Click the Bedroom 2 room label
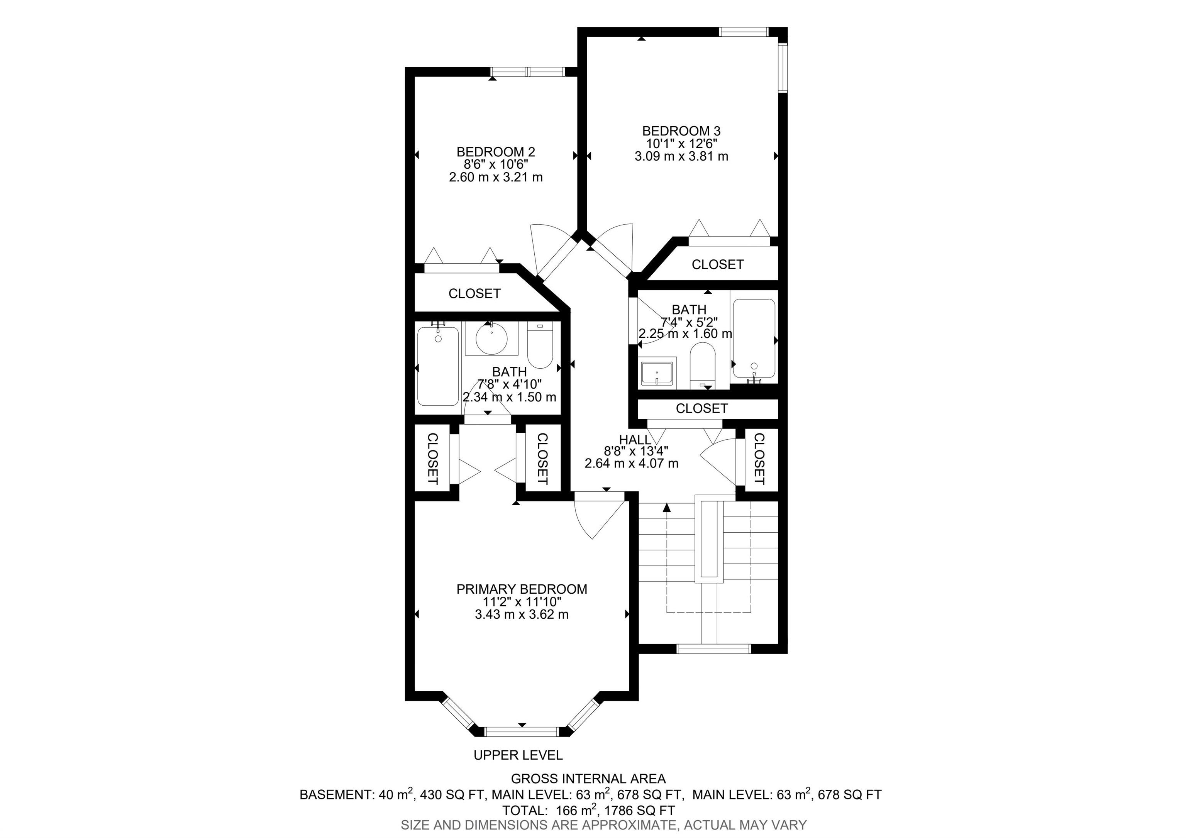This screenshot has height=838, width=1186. click(x=495, y=152)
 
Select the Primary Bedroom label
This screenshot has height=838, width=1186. click(x=522, y=589)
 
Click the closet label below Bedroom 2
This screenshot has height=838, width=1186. click(x=474, y=293)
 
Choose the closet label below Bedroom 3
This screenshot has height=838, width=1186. click(x=717, y=264)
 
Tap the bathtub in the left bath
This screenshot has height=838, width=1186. click(x=438, y=366)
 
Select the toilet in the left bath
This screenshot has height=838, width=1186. click(x=540, y=345)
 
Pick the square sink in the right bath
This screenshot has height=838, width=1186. click(x=657, y=373)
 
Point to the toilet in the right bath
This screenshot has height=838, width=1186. click(x=703, y=367)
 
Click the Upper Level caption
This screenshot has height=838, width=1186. click(x=518, y=755)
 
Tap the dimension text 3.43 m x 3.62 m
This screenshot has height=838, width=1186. click(x=522, y=615)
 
